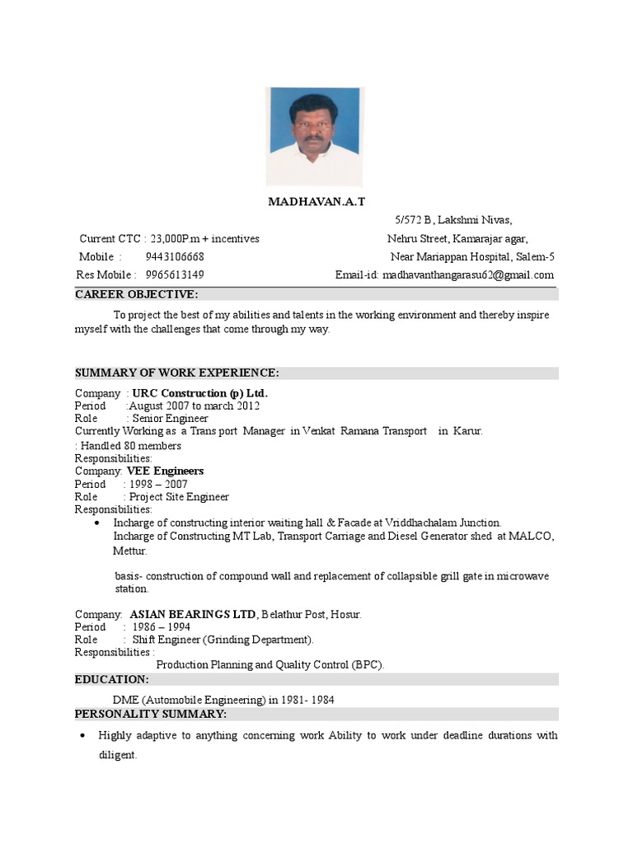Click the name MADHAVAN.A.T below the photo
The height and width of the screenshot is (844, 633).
[316, 202]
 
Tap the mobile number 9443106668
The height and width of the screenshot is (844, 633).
[175, 257]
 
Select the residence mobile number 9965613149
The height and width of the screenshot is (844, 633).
[175, 274]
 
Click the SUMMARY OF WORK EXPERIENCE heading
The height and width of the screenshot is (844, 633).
[177, 373]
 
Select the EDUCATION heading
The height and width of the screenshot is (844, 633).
[112, 679]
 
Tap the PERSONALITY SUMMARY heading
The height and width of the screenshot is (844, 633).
[150, 713]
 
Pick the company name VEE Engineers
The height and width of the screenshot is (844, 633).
[165, 471]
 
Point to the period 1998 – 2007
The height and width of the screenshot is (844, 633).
[160, 484]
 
